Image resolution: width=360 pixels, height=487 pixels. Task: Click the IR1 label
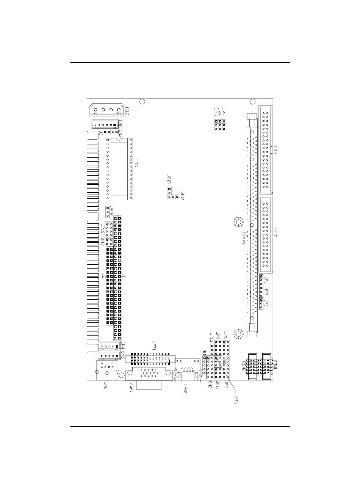click(x=204, y=352)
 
